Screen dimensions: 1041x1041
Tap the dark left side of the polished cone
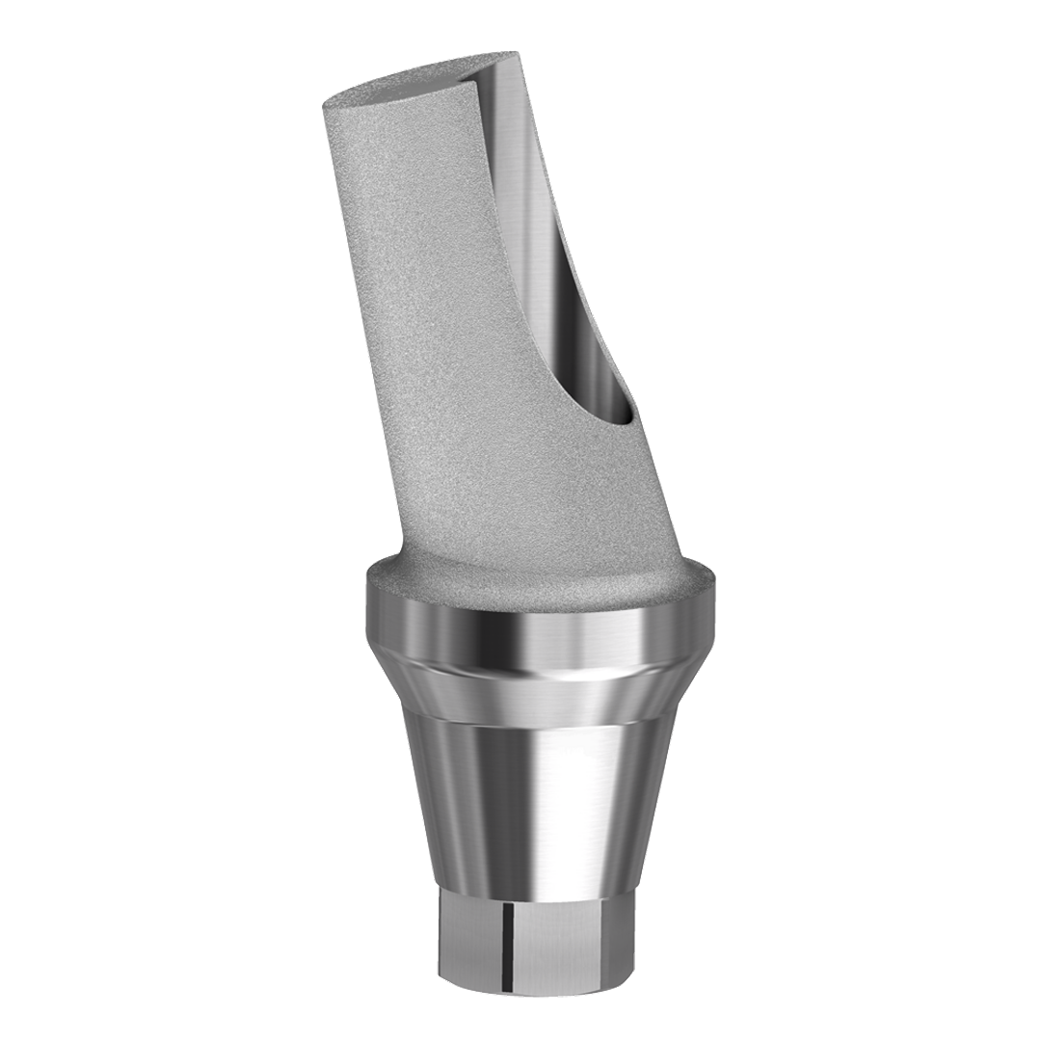click(424, 790)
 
